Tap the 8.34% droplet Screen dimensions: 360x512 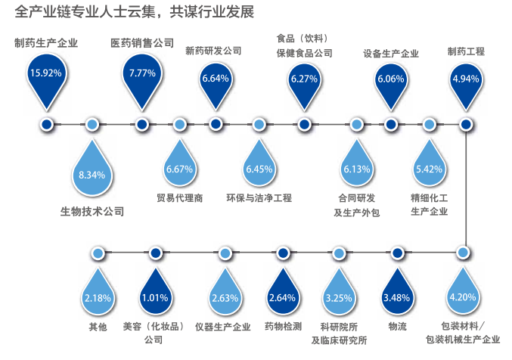92,175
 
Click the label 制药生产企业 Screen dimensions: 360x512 46,42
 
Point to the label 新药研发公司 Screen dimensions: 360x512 213,51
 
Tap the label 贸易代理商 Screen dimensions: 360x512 179,198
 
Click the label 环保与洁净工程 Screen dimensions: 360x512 259,198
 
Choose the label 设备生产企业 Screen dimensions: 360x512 391,54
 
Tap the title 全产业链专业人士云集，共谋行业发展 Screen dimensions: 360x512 135,12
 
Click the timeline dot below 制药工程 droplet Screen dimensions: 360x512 467,124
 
